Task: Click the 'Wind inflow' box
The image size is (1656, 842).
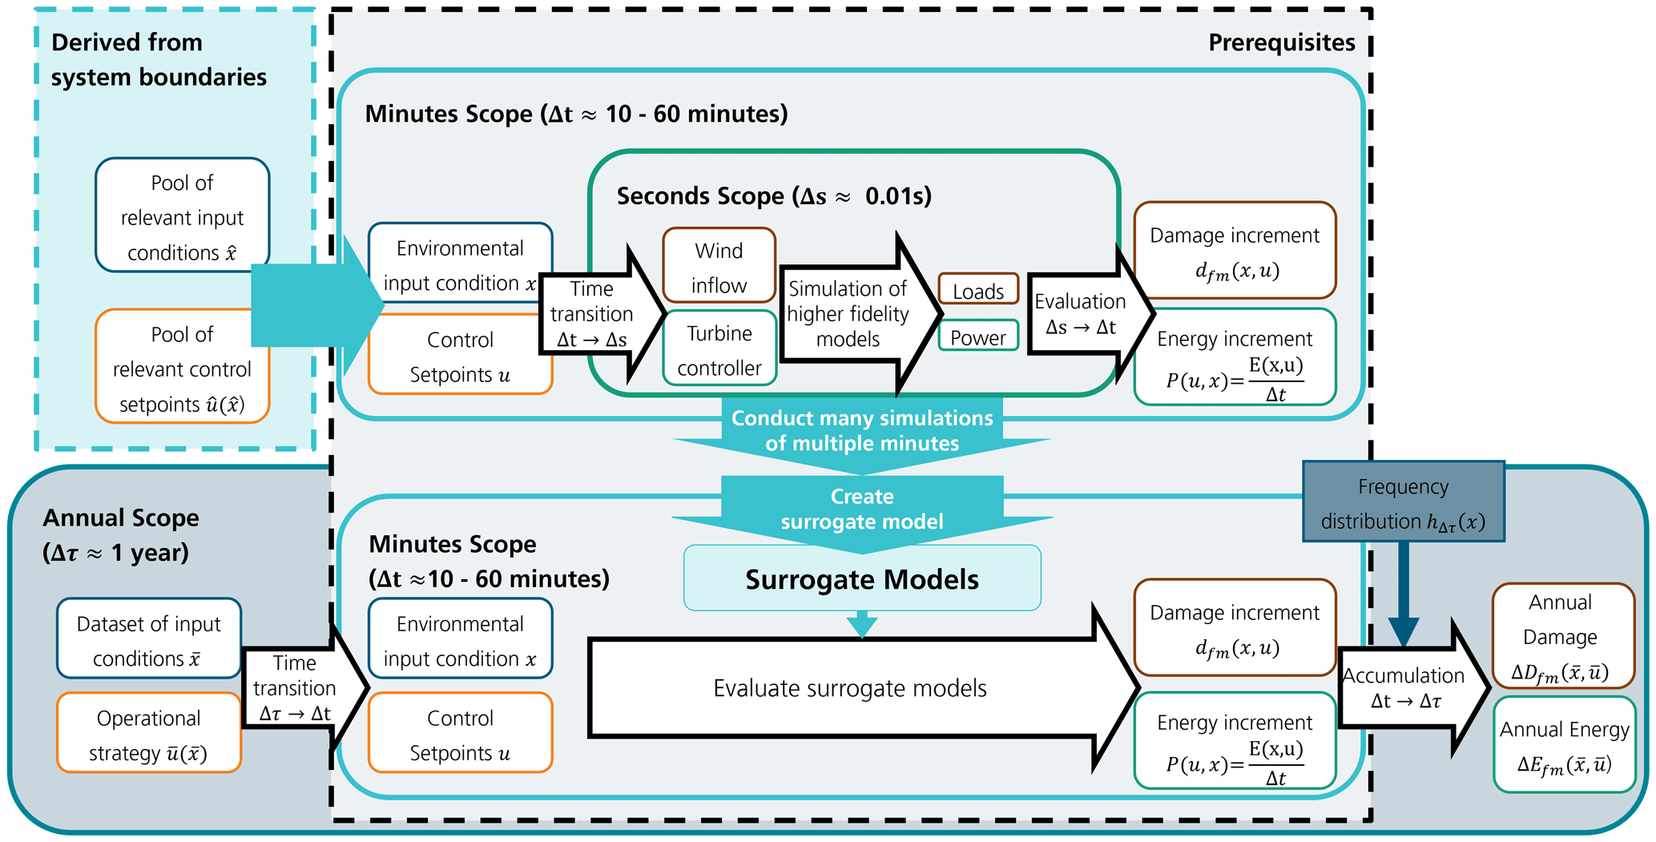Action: pyautogui.click(x=719, y=267)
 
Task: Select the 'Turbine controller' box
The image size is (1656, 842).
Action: pyautogui.click(x=719, y=349)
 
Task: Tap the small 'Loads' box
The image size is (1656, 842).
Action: pyautogui.click(x=977, y=291)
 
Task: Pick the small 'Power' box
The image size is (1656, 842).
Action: pyautogui.click(x=977, y=336)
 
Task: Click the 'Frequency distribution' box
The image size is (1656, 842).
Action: pyautogui.click(x=1403, y=503)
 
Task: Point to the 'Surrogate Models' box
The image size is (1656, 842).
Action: pyautogui.click(x=862, y=579)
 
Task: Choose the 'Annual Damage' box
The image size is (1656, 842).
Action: pyautogui.click(x=1561, y=636)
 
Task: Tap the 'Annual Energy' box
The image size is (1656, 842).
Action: pyautogui.click(x=1564, y=745)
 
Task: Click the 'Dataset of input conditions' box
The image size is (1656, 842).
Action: pyautogui.click(x=149, y=640)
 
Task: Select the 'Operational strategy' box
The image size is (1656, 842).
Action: pyautogui.click(x=149, y=735)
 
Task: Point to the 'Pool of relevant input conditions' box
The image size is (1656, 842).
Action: pyautogui.click(x=182, y=216)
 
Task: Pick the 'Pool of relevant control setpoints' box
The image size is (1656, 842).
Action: pyautogui.click(x=182, y=368)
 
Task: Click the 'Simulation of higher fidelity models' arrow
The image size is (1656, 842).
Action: pyautogui.click(x=851, y=313)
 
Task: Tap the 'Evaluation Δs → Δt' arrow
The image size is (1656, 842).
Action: pyautogui.click(x=1082, y=313)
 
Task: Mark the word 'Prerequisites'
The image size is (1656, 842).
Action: pyautogui.click(x=1281, y=42)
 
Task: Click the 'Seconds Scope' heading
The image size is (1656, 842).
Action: pyautogui.click(x=773, y=196)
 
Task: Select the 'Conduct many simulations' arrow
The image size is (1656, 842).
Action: pyautogui.click(x=862, y=432)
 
